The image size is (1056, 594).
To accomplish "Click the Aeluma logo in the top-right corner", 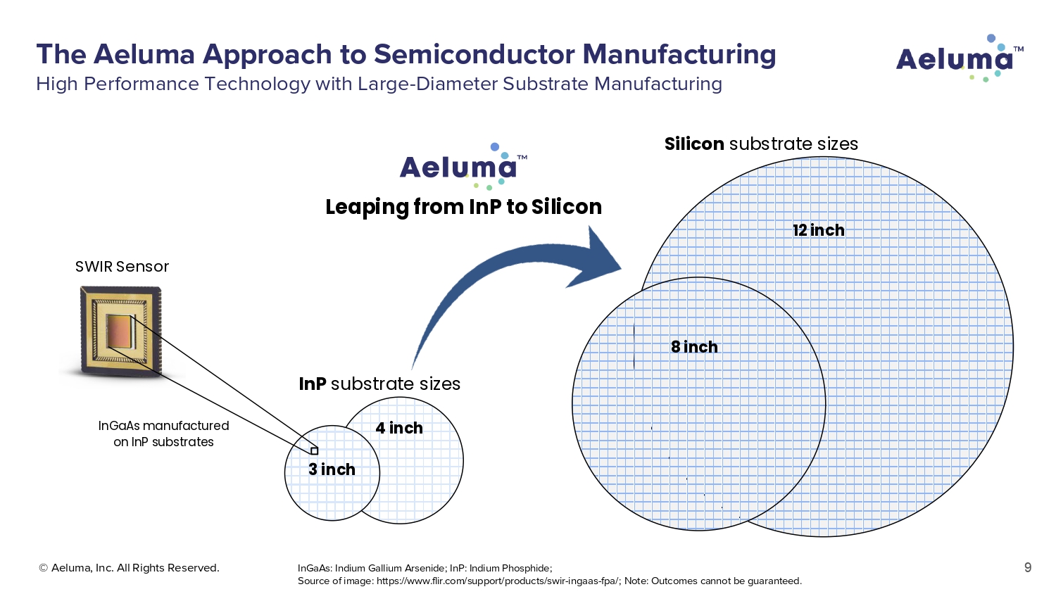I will [x=958, y=58].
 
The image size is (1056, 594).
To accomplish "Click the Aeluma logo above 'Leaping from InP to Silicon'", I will [x=460, y=168].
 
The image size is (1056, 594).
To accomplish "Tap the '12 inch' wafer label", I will [x=818, y=230].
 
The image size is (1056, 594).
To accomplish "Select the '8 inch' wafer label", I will [x=694, y=347].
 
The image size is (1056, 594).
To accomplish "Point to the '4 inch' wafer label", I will [x=399, y=428].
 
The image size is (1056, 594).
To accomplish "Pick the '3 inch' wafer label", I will [x=332, y=469].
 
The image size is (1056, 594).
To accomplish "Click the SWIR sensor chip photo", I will [x=121, y=330].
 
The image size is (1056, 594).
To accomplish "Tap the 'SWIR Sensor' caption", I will [x=122, y=267].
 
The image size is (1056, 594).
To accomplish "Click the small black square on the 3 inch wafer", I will [x=315, y=451].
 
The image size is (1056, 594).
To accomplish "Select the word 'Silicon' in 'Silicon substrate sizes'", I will [x=694, y=144].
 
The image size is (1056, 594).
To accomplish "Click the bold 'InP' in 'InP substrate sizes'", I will [x=313, y=384].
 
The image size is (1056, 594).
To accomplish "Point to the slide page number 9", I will [x=1028, y=568].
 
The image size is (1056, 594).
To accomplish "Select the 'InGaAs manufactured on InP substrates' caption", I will [x=163, y=434].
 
